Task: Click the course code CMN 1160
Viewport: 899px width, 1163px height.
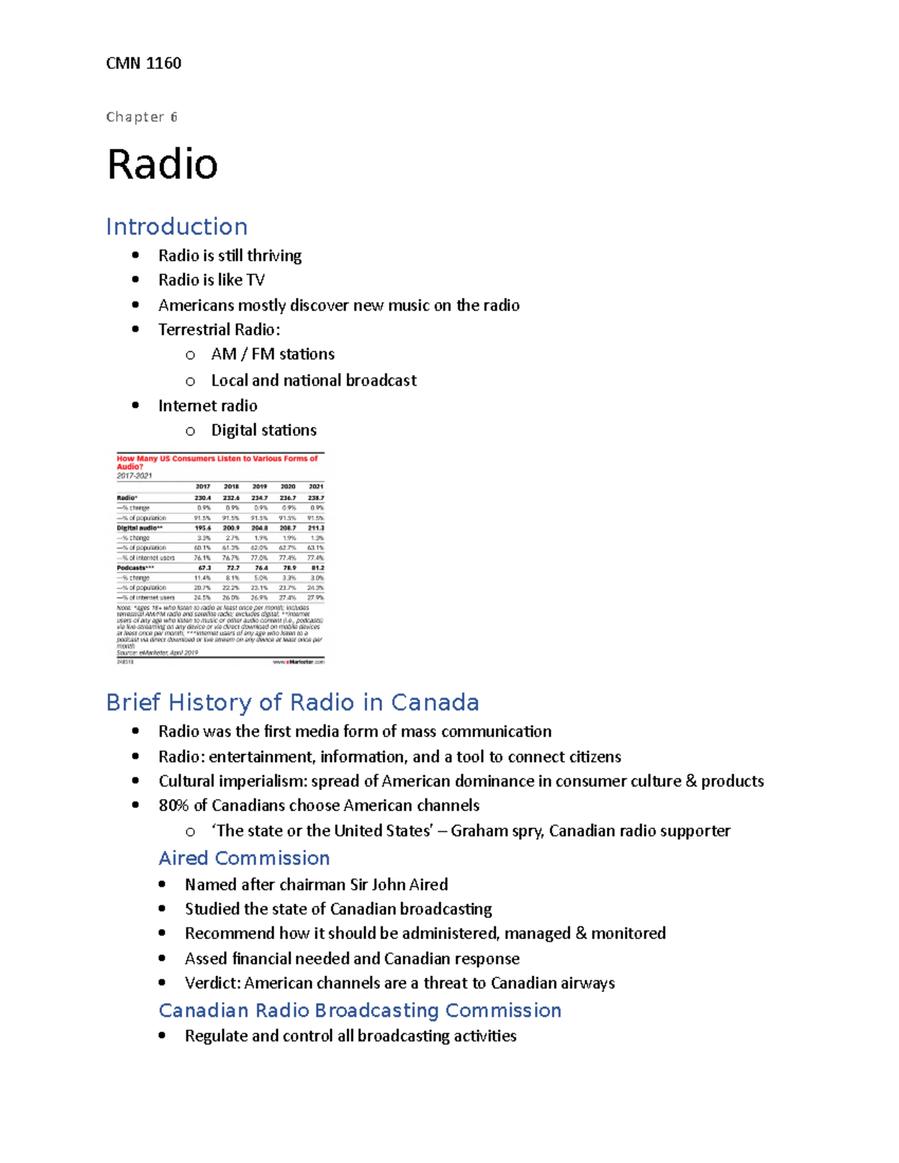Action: [x=143, y=64]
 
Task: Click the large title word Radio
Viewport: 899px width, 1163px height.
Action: [x=163, y=164]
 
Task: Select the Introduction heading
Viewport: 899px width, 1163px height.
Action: [x=177, y=227]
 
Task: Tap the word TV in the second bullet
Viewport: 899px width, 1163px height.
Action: [x=255, y=280]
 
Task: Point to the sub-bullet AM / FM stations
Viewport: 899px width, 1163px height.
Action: [x=273, y=354]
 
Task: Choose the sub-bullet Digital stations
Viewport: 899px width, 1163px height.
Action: [x=264, y=431]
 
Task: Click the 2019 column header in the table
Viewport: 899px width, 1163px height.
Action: [x=259, y=487]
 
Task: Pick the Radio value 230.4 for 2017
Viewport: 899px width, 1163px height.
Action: [x=202, y=498]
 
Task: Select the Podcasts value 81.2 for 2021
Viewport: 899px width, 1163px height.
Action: [x=317, y=568]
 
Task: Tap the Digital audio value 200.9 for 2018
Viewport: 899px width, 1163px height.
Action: [x=231, y=528]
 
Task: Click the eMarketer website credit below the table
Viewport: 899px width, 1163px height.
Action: [x=298, y=662]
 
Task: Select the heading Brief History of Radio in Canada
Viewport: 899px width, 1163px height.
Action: [x=292, y=702]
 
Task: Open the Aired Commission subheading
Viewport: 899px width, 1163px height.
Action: [x=244, y=858]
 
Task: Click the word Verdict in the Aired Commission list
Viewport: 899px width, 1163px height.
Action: [x=213, y=983]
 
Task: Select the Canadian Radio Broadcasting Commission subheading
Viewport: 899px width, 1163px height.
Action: [x=360, y=1011]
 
